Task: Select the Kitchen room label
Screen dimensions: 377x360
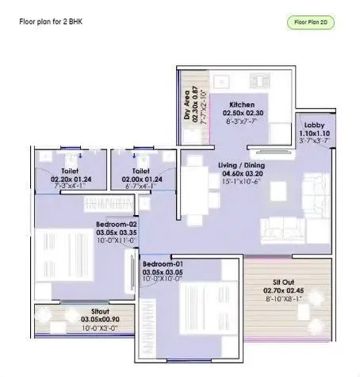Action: [241, 105]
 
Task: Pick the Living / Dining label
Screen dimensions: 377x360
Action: [242, 164]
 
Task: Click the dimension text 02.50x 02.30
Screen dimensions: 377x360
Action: [241, 113]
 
